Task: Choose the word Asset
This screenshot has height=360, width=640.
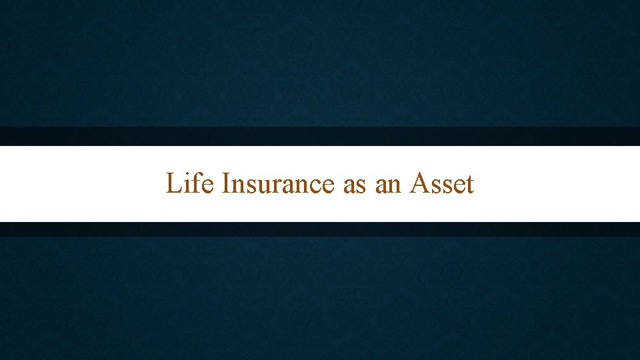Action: point(443,183)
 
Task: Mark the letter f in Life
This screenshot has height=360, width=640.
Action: point(197,183)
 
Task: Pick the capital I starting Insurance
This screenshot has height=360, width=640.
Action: point(225,183)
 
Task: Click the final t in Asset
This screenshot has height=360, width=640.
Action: point(469,185)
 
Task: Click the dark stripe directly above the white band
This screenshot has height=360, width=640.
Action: point(320,136)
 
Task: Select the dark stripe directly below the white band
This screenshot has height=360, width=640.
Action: point(320,229)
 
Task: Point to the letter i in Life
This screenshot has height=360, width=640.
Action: point(187,183)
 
